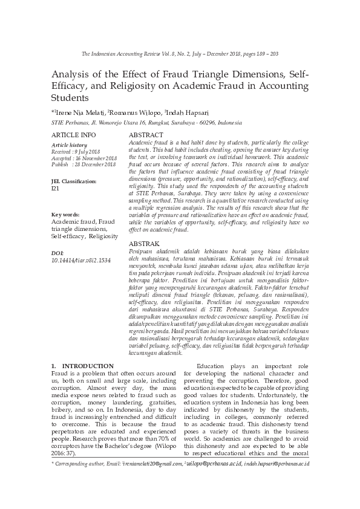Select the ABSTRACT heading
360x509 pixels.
(x=146, y=134)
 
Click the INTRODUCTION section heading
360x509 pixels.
(x=88, y=366)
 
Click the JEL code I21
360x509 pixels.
(x=55, y=188)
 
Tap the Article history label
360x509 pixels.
(x=70, y=145)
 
